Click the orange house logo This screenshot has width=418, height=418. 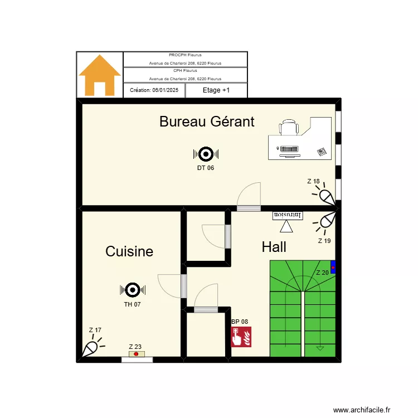(100, 75)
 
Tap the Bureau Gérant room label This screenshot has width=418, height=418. (207, 121)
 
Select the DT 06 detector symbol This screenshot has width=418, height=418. (206, 154)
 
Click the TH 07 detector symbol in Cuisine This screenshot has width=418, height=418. (133, 289)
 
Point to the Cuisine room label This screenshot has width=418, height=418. (129, 251)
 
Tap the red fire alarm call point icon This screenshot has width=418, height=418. (242, 337)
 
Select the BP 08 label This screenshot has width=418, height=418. (239, 322)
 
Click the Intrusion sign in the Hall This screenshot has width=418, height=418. (287, 215)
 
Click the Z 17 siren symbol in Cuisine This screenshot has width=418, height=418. (91, 348)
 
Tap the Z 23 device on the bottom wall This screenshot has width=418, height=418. (136, 354)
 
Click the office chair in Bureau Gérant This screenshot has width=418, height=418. (289, 128)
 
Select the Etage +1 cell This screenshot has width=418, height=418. (216, 90)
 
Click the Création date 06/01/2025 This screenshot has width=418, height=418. (154, 90)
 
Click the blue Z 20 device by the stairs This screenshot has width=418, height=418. (333, 268)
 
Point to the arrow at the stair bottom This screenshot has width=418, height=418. (320, 348)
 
